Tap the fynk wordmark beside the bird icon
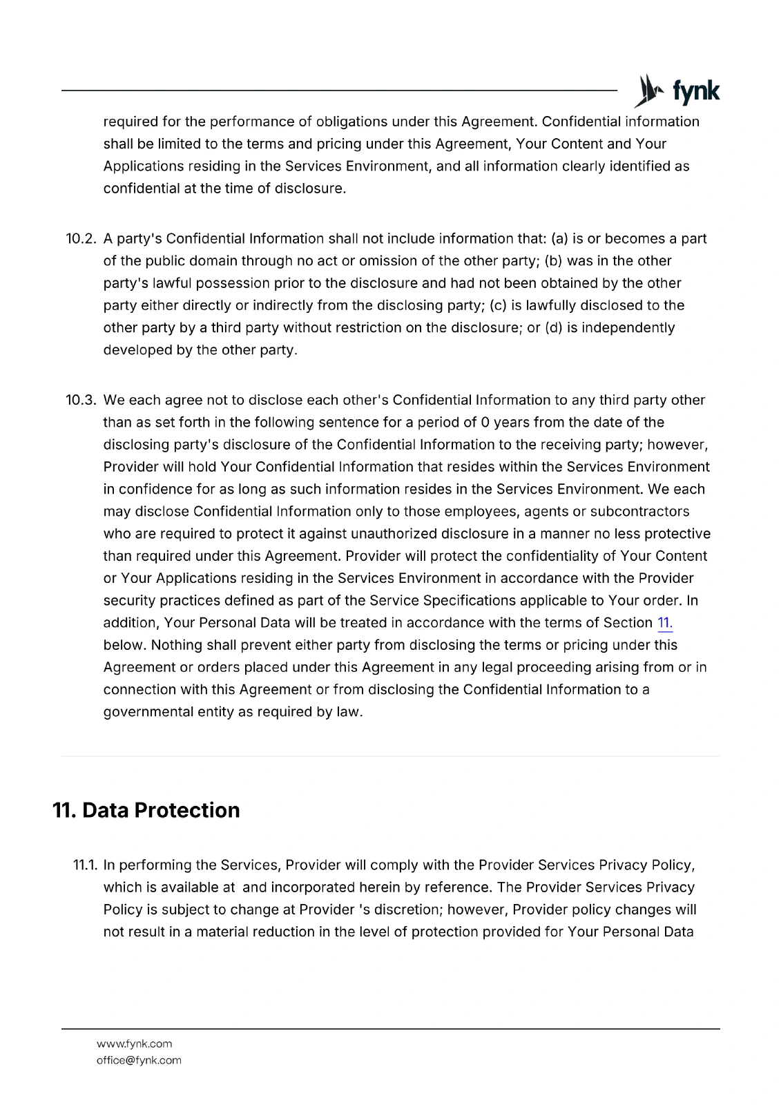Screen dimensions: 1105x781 pos(695,92)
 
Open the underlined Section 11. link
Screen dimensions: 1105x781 pos(665,623)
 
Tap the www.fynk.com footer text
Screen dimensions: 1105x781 pos(134,1044)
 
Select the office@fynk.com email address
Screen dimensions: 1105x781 pos(139,1060)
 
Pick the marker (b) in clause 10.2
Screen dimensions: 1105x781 pos(553,261)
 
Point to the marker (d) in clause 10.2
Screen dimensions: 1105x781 pos(553,327)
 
